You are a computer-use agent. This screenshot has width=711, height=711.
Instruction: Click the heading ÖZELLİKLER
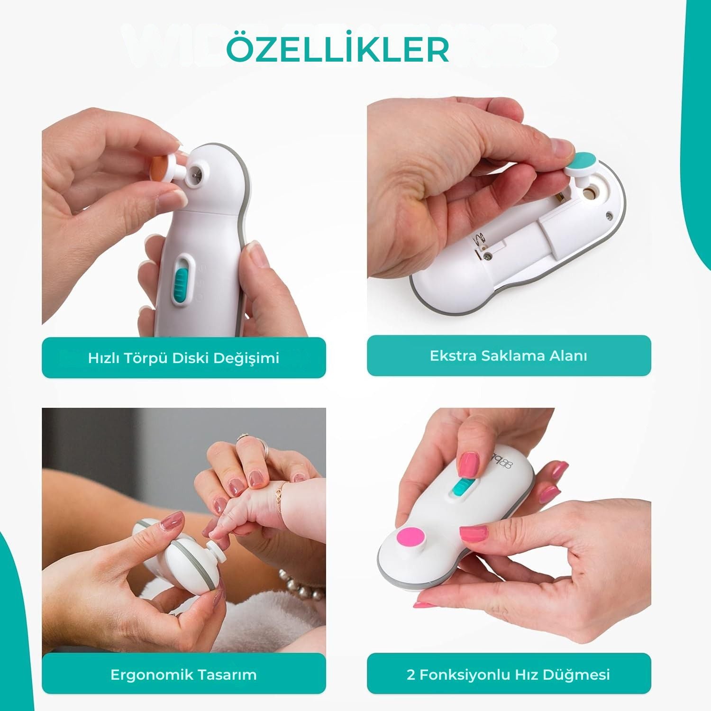[x=337, y=49]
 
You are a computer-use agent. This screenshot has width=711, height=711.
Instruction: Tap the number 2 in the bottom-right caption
[x=411, y=675]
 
